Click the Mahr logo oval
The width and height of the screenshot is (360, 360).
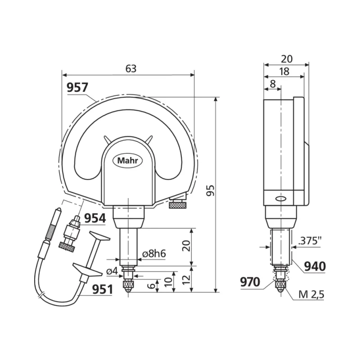tap(127, 161)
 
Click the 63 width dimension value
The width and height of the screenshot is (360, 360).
tap(131, 69)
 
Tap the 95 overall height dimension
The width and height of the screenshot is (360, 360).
tap(210, 190)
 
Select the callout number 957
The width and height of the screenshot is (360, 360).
tap(77, 87)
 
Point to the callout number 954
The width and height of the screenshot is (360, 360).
tap(95, 218)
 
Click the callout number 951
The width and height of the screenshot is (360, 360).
tap(103, 289)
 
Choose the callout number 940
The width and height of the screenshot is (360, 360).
tap(315, 266)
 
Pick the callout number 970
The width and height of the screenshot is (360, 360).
tap(250, 282)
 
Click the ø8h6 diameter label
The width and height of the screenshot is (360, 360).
tap(154, 254)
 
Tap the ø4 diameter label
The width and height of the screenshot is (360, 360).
tap(112, 271)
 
